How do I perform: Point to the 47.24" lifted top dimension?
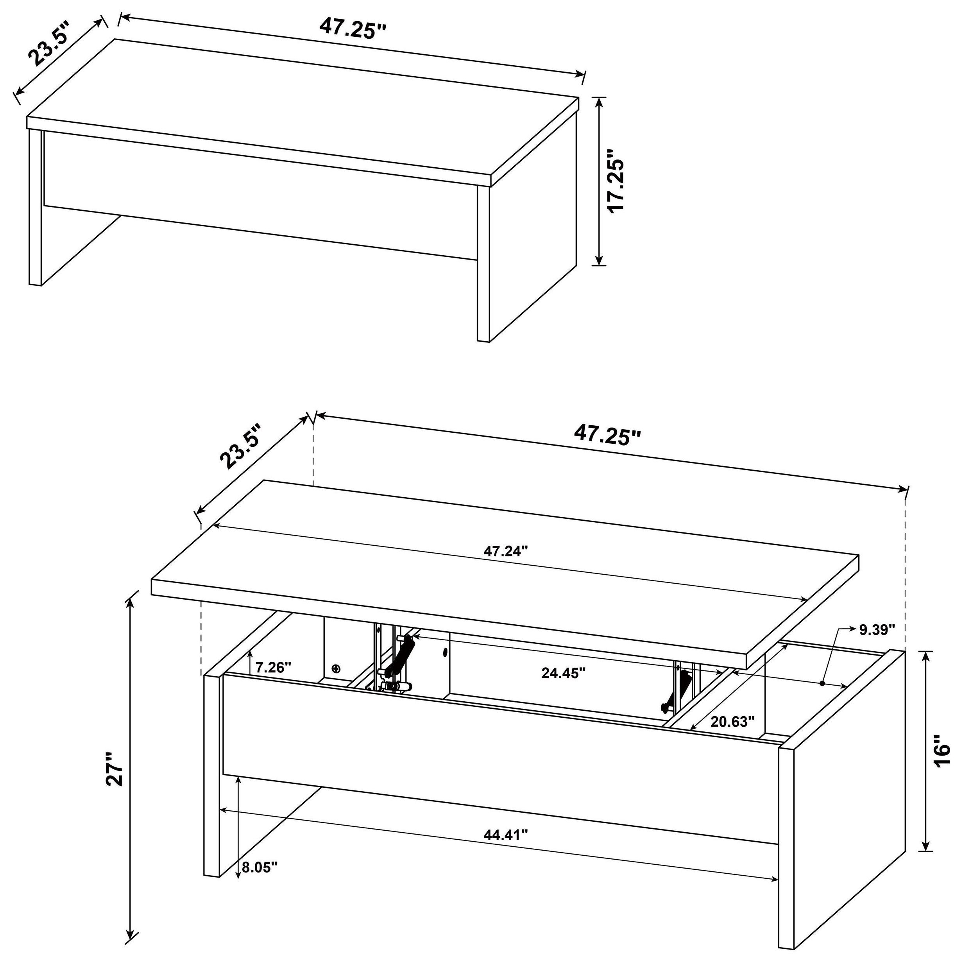(505, 551)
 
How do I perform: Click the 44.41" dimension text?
(505, 834)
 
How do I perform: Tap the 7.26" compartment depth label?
(273, 667)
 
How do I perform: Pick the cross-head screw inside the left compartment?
(336, 668)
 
